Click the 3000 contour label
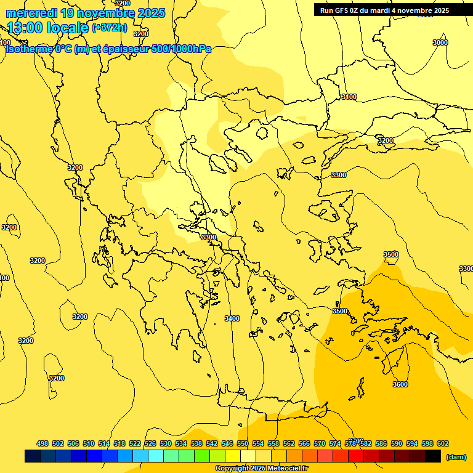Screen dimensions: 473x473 440,42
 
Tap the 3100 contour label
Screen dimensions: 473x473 349,97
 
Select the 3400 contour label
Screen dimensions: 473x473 232,318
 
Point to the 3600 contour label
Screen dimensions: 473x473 400,384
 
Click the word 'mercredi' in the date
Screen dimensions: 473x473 31,13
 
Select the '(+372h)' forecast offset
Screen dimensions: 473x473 109,27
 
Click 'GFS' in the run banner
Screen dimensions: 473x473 343,10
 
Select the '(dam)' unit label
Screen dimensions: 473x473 456,456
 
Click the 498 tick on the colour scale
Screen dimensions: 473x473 42,443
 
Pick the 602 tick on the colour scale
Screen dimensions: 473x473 442,443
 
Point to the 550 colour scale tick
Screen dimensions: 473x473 242,443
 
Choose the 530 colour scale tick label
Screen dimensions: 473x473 165,443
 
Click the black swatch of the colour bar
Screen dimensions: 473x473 433,456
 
